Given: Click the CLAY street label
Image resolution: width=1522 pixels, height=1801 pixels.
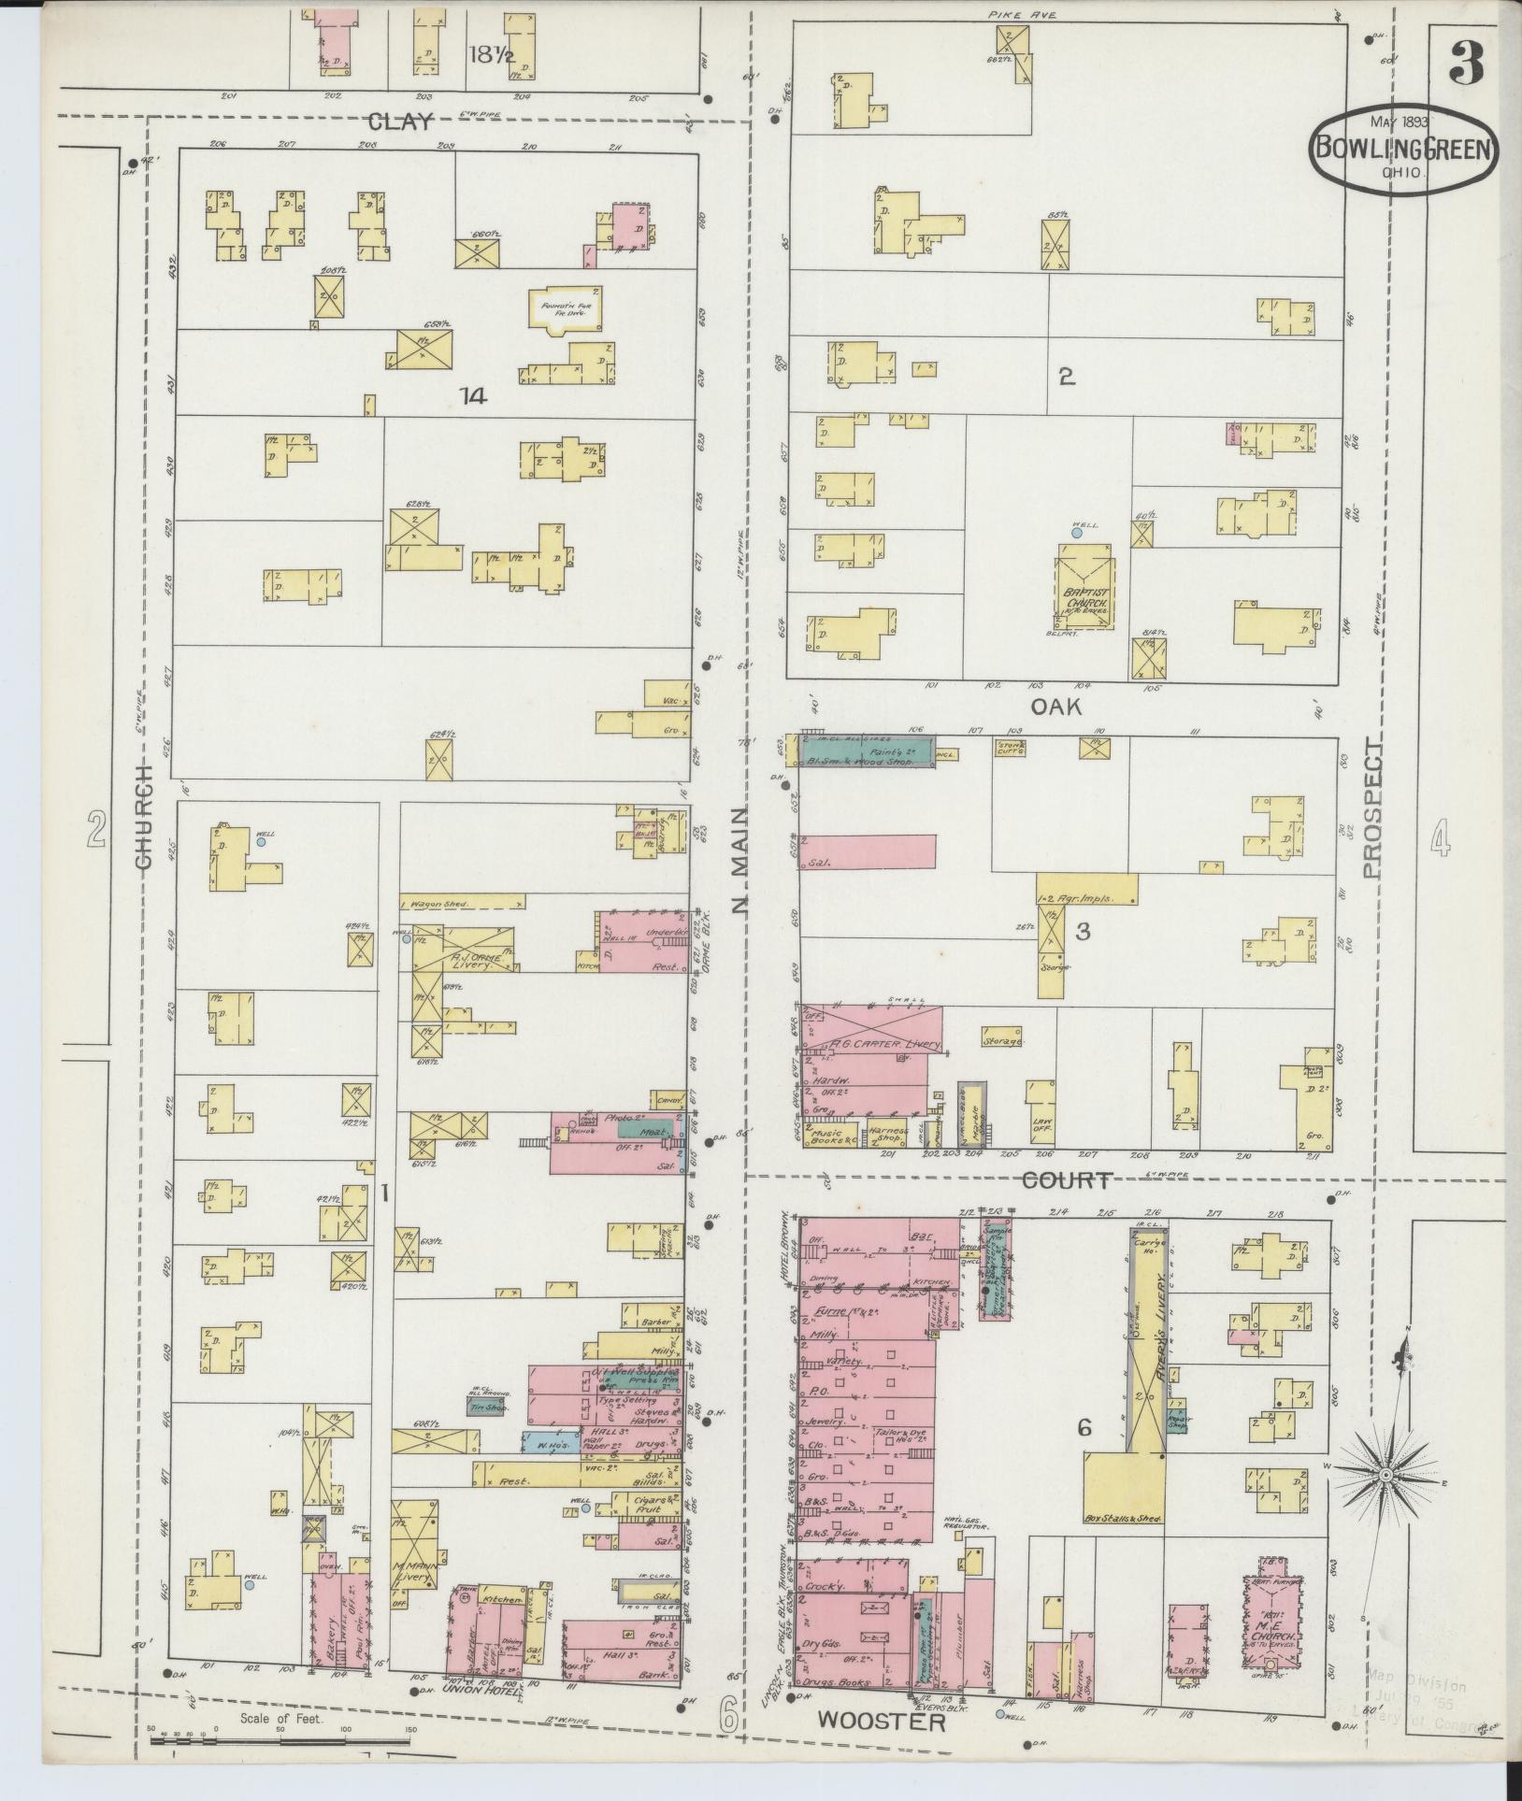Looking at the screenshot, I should [401, 121].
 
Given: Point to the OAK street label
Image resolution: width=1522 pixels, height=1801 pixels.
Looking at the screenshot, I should [1055, 707].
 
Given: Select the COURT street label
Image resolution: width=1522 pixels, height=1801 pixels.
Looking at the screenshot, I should [1066, 1180].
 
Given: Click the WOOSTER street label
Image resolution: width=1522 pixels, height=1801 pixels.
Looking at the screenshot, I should [882, 1721].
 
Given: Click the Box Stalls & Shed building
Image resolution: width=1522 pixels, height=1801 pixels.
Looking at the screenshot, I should [1122, 1493].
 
